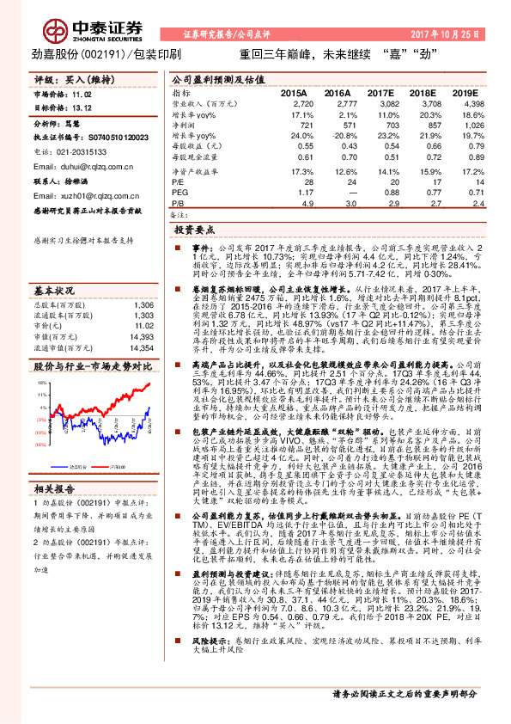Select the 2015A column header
295,92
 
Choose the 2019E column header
465,92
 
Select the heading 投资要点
193,231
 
